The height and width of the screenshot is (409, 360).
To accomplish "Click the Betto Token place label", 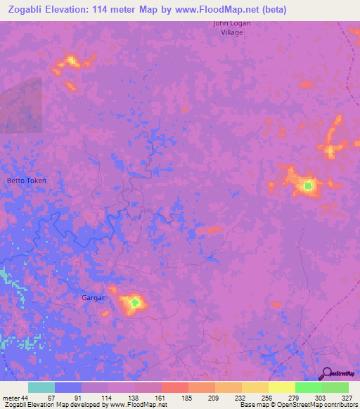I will pos(27,181).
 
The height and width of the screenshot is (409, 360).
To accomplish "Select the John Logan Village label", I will pos(232,27).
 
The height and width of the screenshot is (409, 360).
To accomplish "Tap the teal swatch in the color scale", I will pos(41,388).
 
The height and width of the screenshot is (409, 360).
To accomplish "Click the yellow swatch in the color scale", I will pos(281,388).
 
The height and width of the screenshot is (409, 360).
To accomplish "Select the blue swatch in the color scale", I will pos(68,388).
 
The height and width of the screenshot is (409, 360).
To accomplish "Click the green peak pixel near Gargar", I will pos(135,303).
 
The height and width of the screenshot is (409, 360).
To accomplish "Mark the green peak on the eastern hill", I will pos(308,186).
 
